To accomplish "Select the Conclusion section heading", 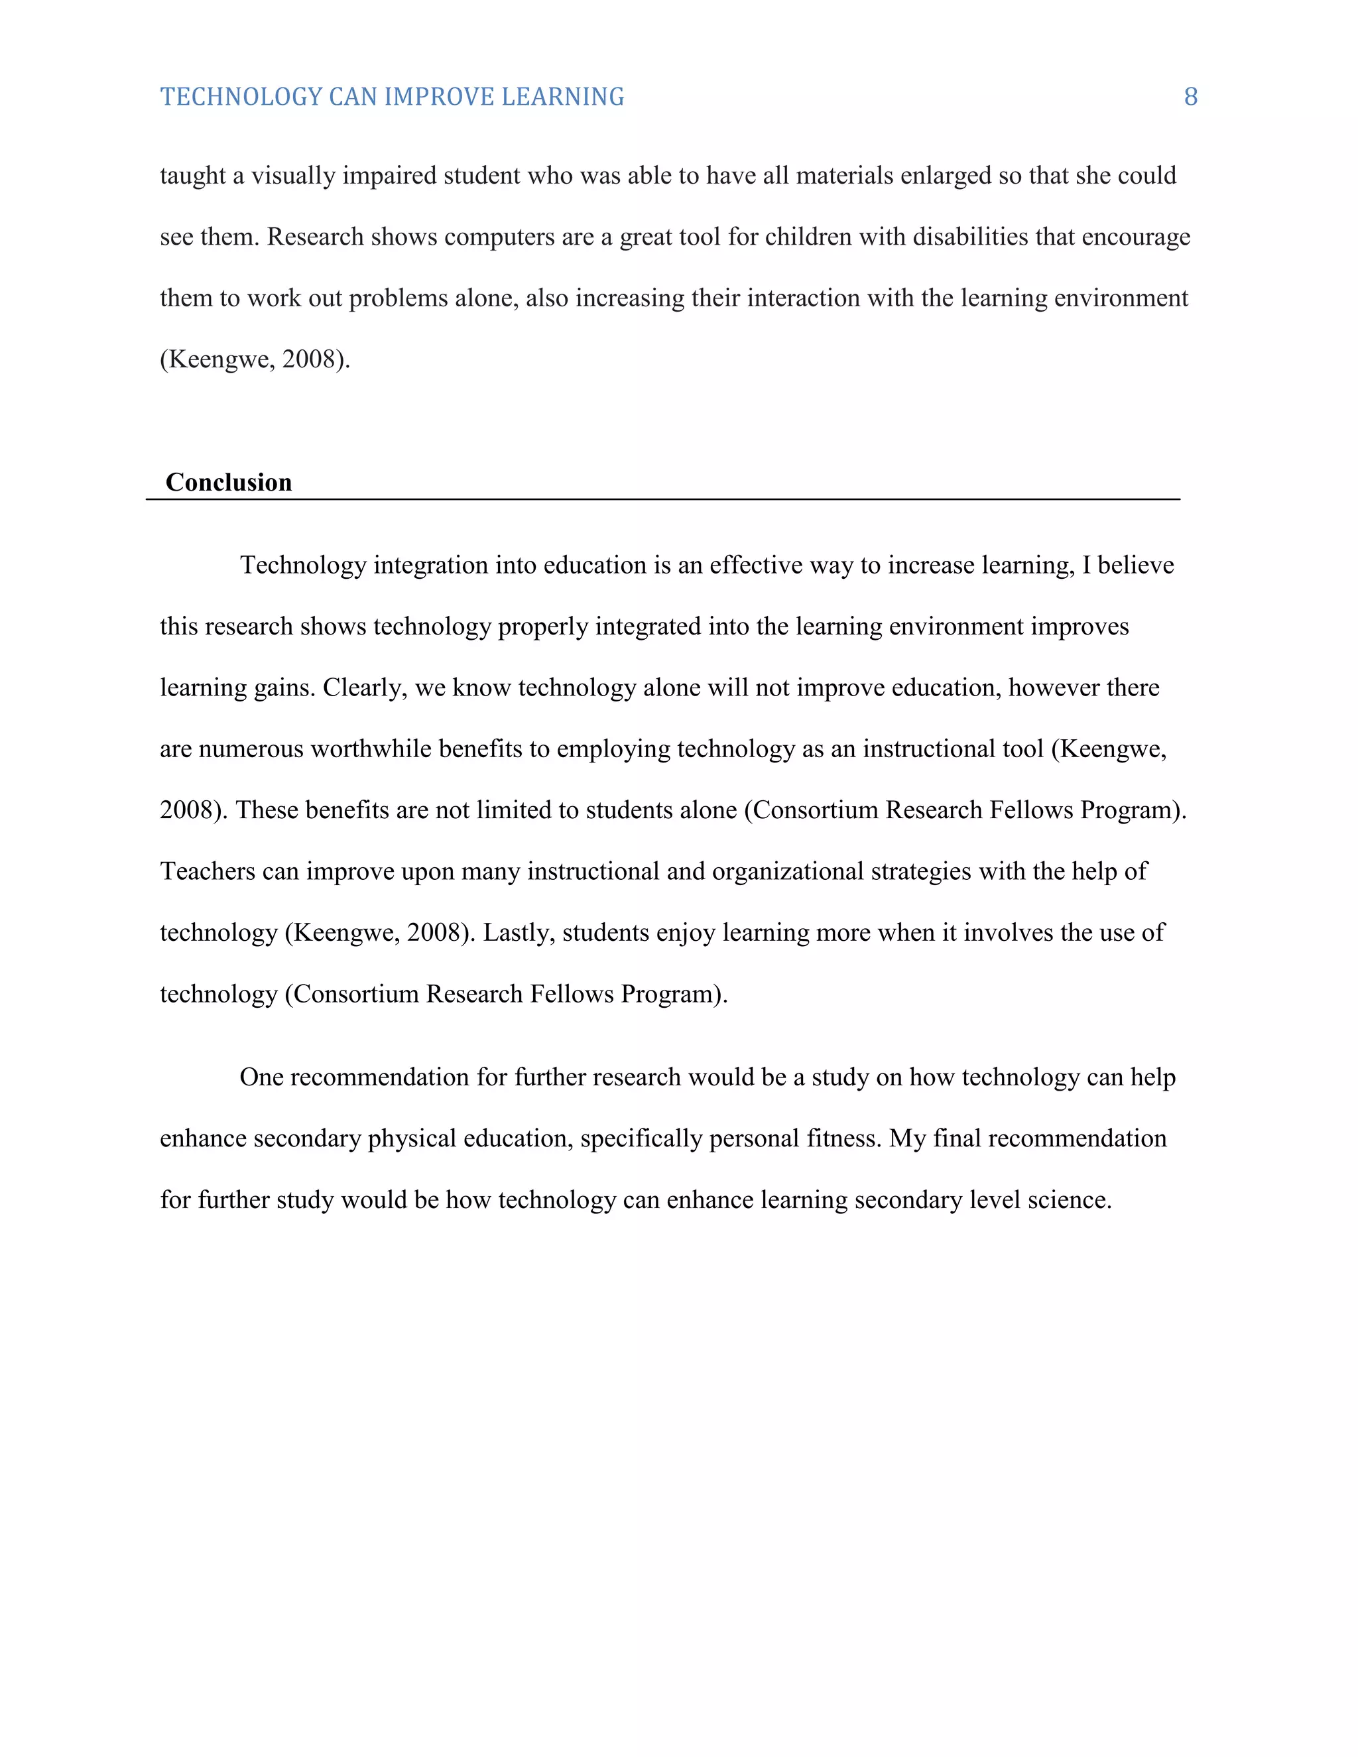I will (229, 482).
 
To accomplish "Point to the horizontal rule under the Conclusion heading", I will (663, 500).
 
